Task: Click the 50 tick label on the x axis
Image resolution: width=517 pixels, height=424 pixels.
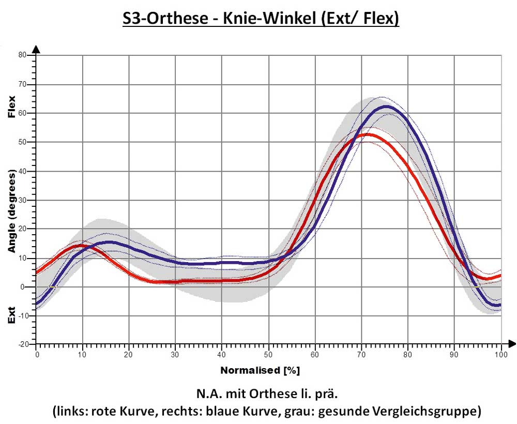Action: (268, 354)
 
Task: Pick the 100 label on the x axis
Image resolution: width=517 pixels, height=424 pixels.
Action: (500, 354)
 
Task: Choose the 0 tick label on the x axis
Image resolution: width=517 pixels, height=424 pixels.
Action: (37, 354)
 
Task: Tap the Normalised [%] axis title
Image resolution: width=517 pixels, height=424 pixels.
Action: (260, 371)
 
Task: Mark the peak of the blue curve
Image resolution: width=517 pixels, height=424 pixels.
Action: (385, 107)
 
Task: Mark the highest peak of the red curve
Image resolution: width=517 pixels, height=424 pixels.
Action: (367, 134)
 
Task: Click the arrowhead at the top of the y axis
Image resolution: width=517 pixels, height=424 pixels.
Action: (36, 49)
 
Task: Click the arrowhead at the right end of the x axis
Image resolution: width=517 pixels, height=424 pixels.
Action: (512, 343)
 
